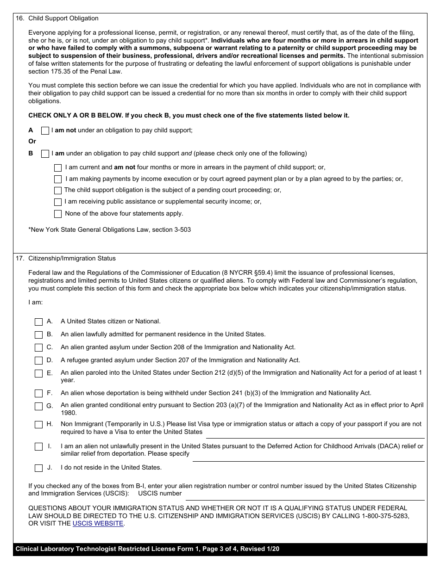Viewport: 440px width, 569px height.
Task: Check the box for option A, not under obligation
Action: (x=45, y=131)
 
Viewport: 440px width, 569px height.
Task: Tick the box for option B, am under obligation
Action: (x=45, y=154)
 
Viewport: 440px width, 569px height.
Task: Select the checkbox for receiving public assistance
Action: (x=58, y=202)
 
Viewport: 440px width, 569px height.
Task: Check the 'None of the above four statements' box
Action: (x=58, y=214)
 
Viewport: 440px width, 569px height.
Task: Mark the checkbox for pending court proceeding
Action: (x=58, y=191)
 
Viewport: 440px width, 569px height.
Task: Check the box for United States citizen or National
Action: (x=39, y=322)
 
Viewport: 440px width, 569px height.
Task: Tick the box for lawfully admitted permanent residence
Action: (x=39, y=334)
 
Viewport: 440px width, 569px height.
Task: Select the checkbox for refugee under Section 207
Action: (x=39, y=360)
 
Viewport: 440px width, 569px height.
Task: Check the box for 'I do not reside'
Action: (x=39, y=468)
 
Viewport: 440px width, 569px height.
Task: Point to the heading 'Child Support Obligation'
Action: (x=63, y=19)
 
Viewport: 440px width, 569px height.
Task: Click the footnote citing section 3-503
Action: (x=110, y=229)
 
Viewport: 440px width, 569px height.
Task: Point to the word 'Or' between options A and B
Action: (x=32, y=142)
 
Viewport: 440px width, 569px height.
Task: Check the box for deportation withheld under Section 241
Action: (x=39, y=394)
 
